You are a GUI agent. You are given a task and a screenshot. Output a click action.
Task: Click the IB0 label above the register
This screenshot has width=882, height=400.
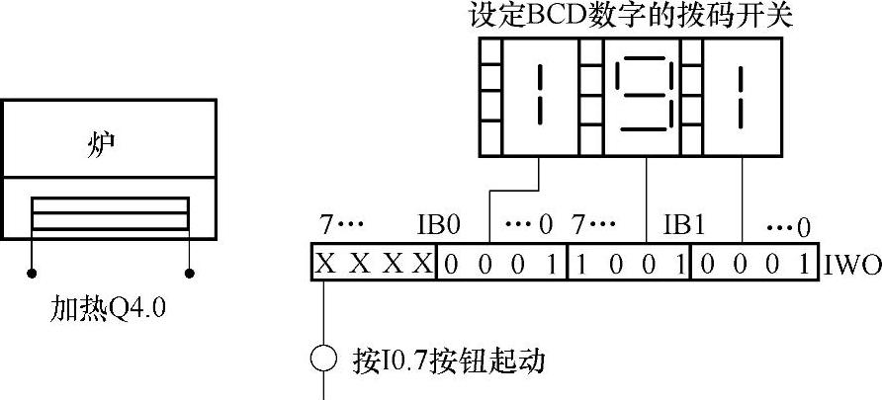coord(439,226)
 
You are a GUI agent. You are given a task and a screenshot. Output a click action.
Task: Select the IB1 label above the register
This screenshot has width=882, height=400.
coord(683,226)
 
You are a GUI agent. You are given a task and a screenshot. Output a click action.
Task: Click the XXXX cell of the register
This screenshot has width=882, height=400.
coord(374,263)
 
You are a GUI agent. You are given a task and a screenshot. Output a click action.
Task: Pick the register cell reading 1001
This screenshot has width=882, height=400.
coord(629,263)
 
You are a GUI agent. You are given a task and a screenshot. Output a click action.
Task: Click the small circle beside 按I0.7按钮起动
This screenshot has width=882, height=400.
coord(324,358)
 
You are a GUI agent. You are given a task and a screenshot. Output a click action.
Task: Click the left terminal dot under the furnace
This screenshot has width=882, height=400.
coord(32,271)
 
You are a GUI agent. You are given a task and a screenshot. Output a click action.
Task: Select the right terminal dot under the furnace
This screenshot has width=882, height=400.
coord(190,271)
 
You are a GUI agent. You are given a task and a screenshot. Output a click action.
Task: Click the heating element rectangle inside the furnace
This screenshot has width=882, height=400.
coord(110,213)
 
